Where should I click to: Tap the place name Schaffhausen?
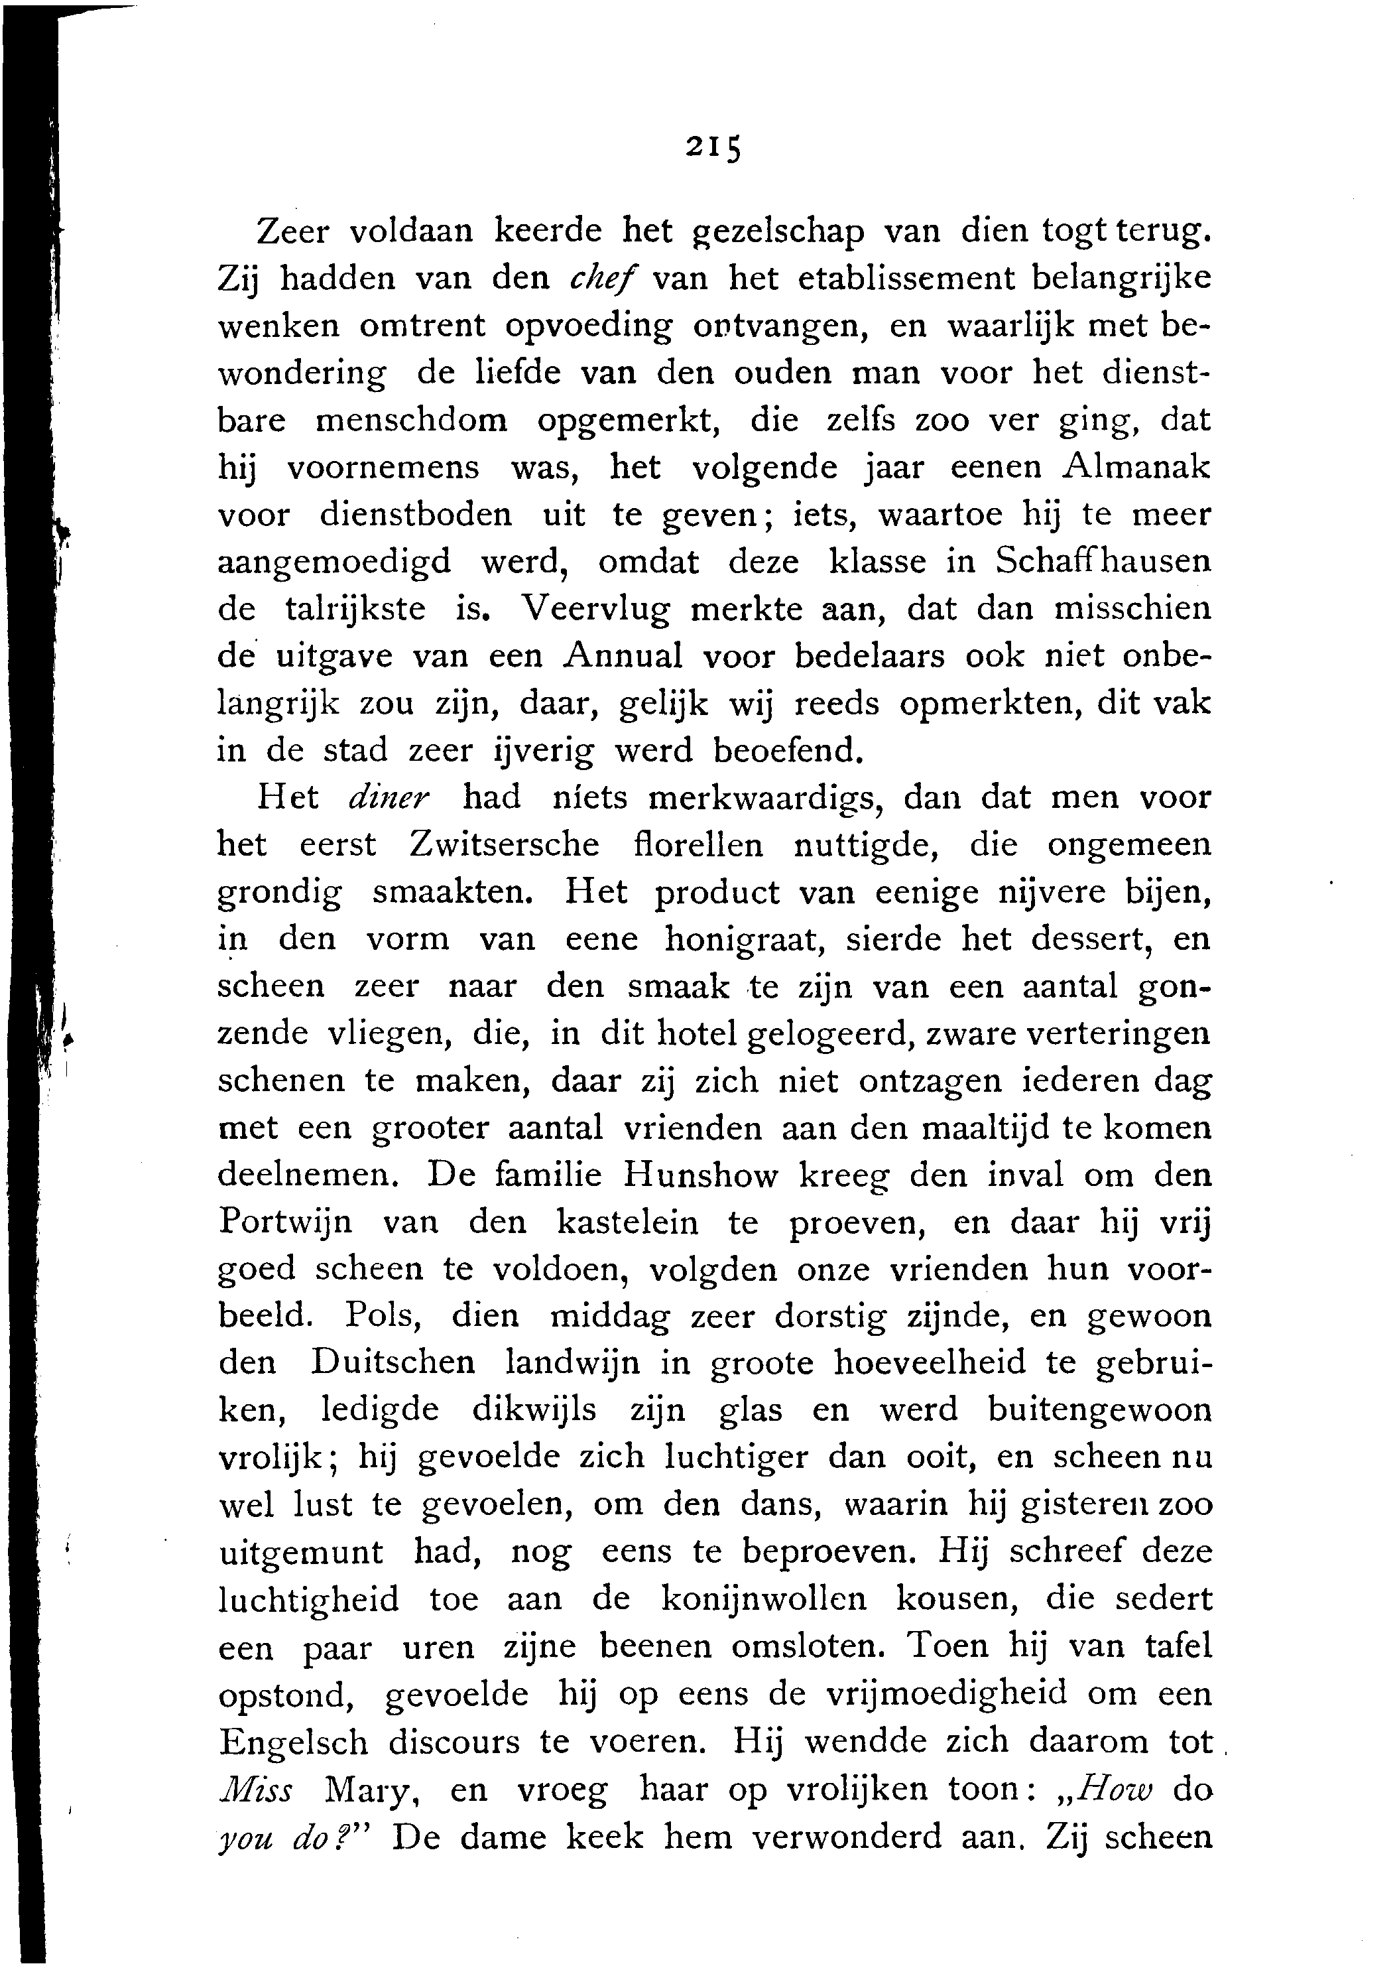click(1103, 562)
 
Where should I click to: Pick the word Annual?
click(623, 657)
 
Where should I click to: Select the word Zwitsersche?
click(504, 844)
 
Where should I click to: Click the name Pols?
click(383, 1317)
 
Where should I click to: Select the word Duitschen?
click(392, 1364)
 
